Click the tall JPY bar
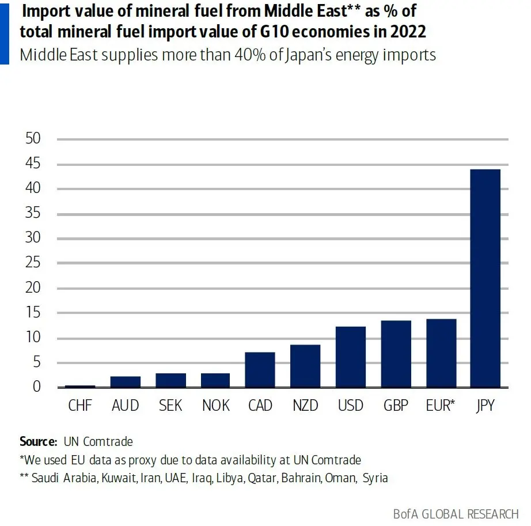coord(486,278)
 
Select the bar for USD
coord(351,357)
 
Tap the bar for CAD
coord(260,369)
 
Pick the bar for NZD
coord(305,366)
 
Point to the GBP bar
coord(396,354)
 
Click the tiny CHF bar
coord(80,386)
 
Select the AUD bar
coord(126,381)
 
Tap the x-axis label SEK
coord(170,405)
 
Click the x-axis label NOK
coord(215,405)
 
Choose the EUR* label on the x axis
coord(441,405)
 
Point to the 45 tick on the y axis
coord(33,164)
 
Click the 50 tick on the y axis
coord(33,139)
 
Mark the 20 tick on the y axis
coord(33,288)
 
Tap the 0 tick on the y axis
coord(37,387)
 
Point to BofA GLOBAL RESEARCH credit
coord(456,513)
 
